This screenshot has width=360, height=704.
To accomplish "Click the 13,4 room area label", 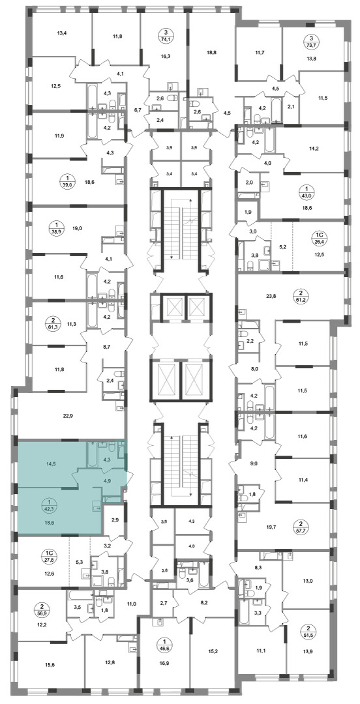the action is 61,32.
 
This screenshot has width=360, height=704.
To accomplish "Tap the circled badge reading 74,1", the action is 166,35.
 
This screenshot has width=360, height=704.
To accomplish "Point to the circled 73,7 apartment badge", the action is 308,42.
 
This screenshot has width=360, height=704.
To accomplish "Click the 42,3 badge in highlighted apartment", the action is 47,506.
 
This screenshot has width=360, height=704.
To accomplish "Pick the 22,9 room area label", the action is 67,415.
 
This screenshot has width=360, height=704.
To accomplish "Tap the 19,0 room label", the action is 78,228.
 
